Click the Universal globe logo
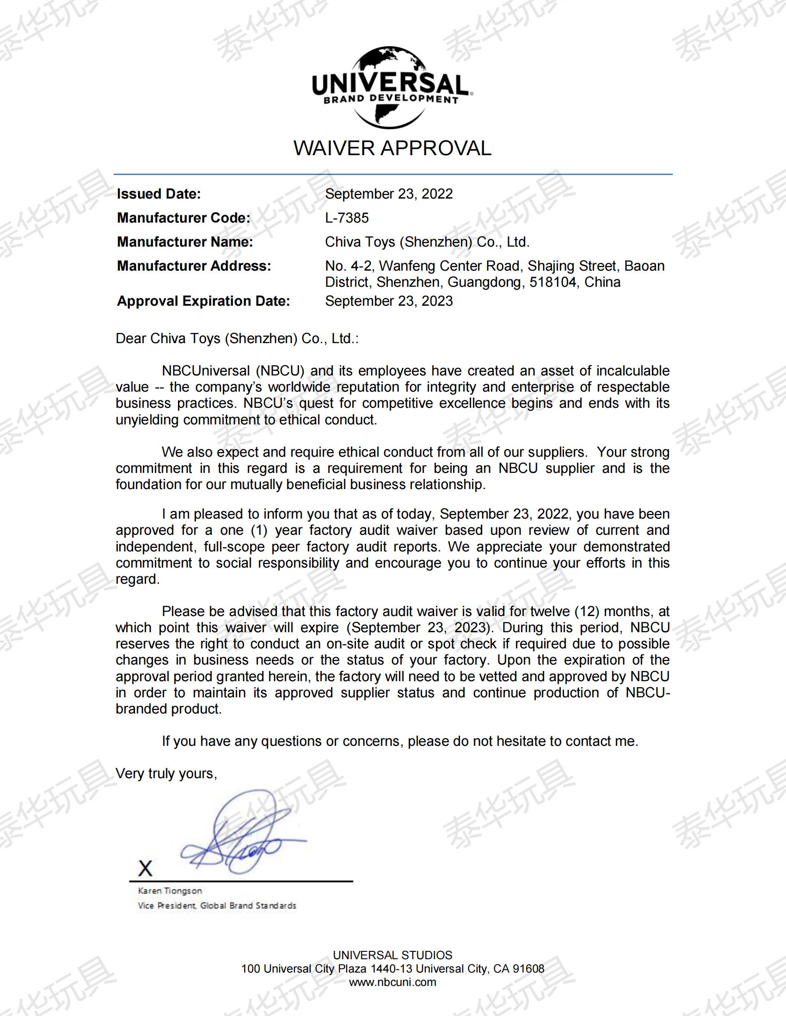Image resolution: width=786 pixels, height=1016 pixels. tap(392, 87)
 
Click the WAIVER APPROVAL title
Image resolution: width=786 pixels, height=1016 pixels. tap(392, 148)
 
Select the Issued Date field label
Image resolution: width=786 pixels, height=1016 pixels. tap(159, 194)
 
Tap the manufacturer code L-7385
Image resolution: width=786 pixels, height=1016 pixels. tap(347, 218)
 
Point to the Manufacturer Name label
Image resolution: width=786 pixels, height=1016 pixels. tap(185, 242)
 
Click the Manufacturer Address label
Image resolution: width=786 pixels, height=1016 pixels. tap(194, 266)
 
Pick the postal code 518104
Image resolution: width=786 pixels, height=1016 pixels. tap(553, 282)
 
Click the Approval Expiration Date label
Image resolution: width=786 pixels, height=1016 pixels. tap(203, 301)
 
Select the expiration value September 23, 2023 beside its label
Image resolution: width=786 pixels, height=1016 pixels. tap(389, 301)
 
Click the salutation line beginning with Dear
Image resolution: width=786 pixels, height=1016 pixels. tap(237, 338)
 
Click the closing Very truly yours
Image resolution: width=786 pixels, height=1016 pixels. tap(166, 773)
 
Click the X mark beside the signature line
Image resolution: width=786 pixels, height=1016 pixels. tap(145, 868)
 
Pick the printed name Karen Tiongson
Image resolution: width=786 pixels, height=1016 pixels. tap(170, 891)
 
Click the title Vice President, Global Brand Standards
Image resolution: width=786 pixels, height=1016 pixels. tap(217, 905)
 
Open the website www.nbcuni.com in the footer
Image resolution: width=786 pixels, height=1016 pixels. tap(393, 982)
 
